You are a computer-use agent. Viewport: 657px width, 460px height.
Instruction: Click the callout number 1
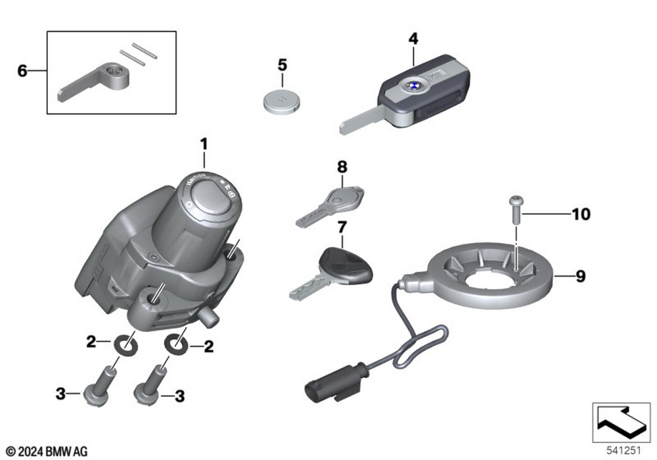point(204,143)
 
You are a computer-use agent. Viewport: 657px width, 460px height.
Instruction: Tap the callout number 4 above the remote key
point(413,39)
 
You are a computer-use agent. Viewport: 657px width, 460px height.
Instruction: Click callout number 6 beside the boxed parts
point(22,70)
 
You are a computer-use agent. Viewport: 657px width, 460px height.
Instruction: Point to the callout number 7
point(341,227)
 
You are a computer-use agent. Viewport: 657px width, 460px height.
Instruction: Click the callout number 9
point(580,277)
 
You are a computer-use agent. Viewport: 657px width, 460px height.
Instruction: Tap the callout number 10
point(581,214)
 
